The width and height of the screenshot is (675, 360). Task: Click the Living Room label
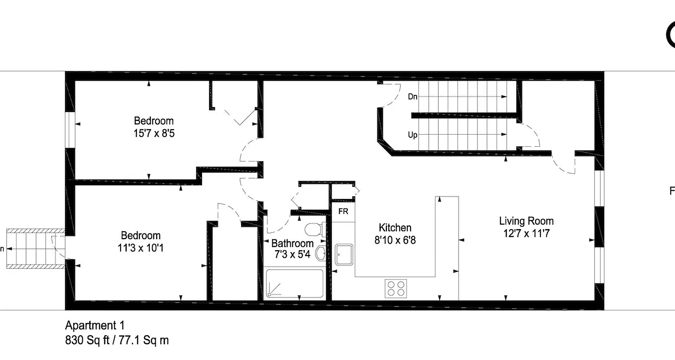(x=526, y=221)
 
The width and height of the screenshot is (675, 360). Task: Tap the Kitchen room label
(x=395, y=227)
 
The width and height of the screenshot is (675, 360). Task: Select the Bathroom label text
(x=292, y=243)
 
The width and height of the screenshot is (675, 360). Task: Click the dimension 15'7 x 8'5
(x=153, y=133)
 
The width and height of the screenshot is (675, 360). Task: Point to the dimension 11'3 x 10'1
(x=140, y=248)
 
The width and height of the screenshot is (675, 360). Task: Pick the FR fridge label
(x=343, y=212)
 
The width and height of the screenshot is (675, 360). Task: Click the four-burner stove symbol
(x=396, y=288)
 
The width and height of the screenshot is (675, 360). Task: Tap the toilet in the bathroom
(x=314, y=230)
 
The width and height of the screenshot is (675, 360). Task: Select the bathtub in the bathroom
(x=294, y=283)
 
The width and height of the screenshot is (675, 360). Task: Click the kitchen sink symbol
(x=345, y=255)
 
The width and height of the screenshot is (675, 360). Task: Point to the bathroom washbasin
(x=320, y=253)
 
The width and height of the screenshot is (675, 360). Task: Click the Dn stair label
(x=413, y=96)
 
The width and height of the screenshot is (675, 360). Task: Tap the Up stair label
(x=413, y=135)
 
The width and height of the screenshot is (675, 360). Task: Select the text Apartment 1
(x=94, y=325)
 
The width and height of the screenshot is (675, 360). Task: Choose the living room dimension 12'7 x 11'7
(x=526, y=234)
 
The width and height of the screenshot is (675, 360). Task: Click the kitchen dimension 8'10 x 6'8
(x=395, y=240)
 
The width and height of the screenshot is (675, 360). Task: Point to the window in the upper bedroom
(x=70, y=129)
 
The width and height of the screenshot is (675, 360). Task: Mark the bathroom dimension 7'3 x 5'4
(x=292, y=254)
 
